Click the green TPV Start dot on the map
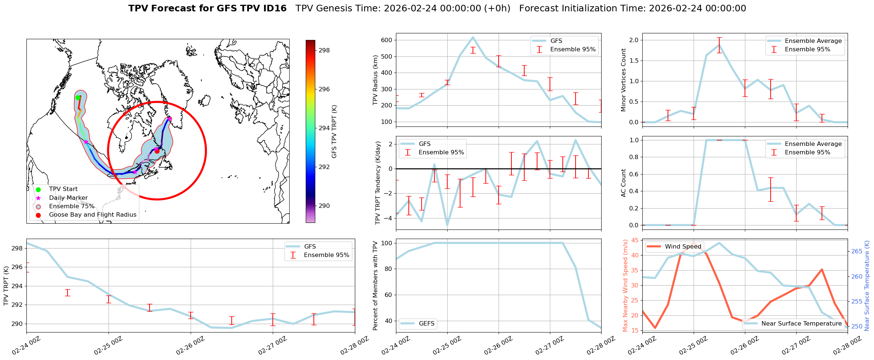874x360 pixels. pyautogui.click(x=78, y=98)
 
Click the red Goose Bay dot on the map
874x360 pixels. pyautogui.click(x=157, y=151)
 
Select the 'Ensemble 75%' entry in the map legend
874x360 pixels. pyautogui.click(x=71, y=206)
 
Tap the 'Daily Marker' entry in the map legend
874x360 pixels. pyautogui.click(x=68, y=198)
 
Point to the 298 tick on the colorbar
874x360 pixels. pyautogui.click(x=324, y=51)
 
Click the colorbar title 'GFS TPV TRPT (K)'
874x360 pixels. pyautogui.click(x=334, y=132)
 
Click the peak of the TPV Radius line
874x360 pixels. pyautogui.click(x=473, y=37)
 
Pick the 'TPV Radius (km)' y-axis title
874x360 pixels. pyautogui.click(x=375, y=80)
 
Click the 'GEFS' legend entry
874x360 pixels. pyautogui.click(x=426, y=323)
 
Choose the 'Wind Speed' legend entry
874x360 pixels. pyautogui.click(x=683, y=247)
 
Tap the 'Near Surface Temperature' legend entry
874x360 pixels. pyautogui.click(x=801, y=323)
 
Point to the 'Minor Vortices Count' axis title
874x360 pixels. pyautogui.click(x=624, y=80)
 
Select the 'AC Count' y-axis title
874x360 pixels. pyautogui.click(x=624, y=183)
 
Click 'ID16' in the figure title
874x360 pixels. pyautogui.click(x=276, y=8)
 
